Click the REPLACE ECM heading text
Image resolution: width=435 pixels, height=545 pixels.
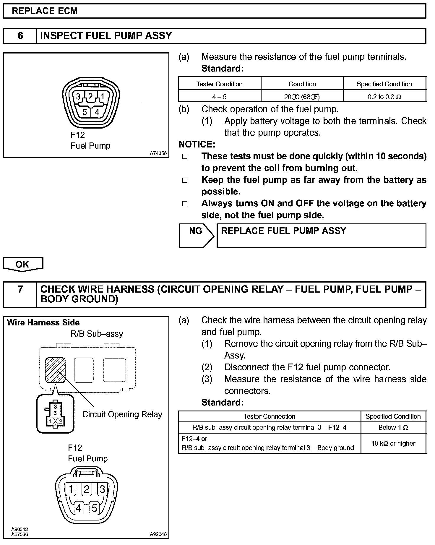(45, 11)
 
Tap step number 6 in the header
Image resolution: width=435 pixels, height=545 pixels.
(20, 36)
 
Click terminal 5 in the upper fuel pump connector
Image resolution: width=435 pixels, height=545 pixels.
(85, 112)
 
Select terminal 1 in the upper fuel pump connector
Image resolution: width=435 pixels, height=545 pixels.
(102, 96)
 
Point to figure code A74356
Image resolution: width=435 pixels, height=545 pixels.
(158, 153)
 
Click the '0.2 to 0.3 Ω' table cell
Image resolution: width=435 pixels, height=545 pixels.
(384, 97)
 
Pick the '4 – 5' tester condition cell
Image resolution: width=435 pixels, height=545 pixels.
(220, 97)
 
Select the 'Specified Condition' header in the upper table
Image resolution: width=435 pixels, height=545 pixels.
(384, 84)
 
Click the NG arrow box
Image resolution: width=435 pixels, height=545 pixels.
(196, 235)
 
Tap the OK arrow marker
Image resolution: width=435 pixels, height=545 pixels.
(23, 264)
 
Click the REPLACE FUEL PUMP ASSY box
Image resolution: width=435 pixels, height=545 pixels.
(321, 235)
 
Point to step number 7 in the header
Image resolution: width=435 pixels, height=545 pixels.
(20, 289)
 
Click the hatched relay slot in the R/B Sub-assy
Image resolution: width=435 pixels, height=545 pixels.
(55, 370)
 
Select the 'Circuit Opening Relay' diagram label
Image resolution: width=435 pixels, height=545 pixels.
(122, 414)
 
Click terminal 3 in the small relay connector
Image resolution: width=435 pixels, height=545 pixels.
(55, 407)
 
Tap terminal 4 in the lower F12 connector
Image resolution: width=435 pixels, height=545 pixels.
(78, 508)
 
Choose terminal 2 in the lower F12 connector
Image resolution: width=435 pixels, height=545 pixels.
(86, 489)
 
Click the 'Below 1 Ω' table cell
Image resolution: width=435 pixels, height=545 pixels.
(393, 427)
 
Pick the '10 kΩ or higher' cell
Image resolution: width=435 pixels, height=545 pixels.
(393, 443)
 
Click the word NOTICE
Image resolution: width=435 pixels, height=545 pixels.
(197, 144)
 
